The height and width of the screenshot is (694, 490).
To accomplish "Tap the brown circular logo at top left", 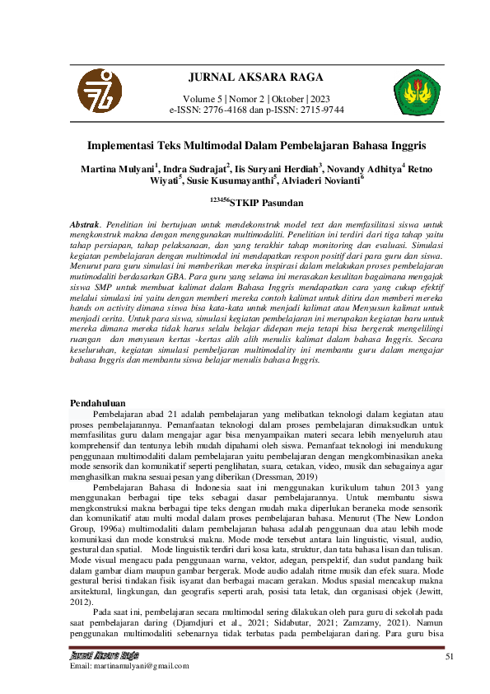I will [x=99, y=90].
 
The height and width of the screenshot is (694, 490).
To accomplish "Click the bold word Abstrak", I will [x=85, y=224].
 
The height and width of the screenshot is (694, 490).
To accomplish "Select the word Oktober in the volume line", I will [x=282, y=97].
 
